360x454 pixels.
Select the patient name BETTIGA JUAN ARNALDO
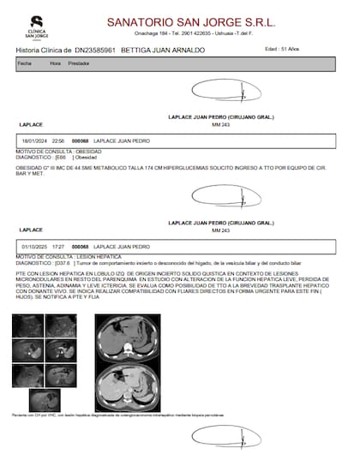point(164,50)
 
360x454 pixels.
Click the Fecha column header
point(24,63)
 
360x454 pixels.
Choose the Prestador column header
point(80,63)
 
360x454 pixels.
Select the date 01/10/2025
point(33,246)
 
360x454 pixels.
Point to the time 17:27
point(58,246)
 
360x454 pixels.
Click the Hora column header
point(55,63)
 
